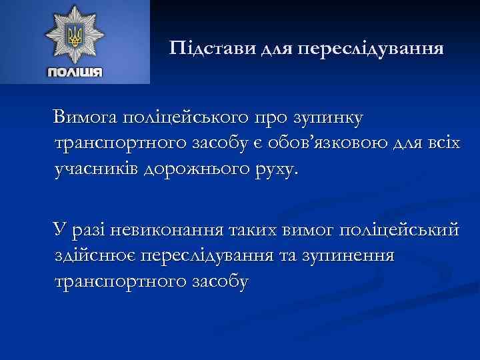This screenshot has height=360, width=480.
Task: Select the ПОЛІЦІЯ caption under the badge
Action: coord(75,71)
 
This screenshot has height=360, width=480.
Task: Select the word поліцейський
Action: coord(399,231)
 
